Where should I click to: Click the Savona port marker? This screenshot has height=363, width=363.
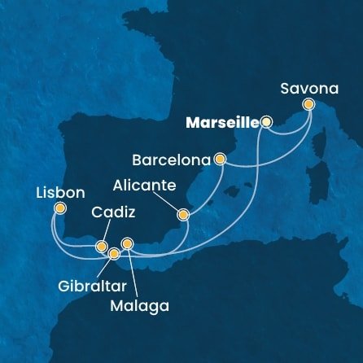click(308, 104)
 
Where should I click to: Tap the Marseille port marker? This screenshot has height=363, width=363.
click(267, 123)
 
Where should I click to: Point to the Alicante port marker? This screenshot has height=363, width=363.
click(183, 216)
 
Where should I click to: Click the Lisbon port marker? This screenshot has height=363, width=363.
click(59, 208)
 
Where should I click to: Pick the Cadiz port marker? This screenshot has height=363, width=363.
click(101, 246)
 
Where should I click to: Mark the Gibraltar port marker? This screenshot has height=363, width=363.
click(114, 254)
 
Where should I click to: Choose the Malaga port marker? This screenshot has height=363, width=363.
click(127, 243)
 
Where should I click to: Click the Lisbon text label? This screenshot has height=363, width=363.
click(60, 194)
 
